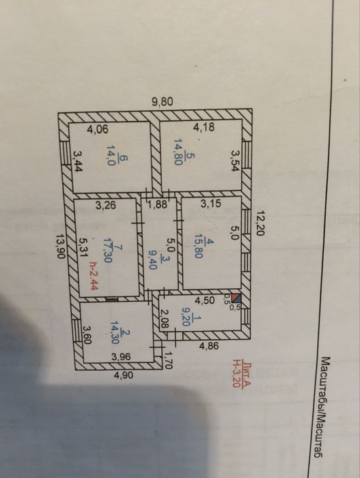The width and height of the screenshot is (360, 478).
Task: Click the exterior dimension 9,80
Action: [x=163, y=102]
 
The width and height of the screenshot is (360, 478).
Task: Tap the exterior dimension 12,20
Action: [x=260, y=223]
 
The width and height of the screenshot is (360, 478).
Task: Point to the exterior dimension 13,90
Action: [x=61, y=247]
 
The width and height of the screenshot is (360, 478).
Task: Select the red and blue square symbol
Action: [x=236, y=298]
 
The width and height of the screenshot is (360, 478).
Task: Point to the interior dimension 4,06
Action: [x=98, y=129]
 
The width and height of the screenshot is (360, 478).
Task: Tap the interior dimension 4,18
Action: [x=204, y=126]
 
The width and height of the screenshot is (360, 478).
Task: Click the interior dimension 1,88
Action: [x=158, y=204]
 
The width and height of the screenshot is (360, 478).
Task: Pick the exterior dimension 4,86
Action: [x=208, y=346]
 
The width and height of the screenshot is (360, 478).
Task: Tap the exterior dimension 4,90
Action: [x=123, y=375]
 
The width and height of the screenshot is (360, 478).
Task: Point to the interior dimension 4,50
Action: [x=205, y=300]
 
